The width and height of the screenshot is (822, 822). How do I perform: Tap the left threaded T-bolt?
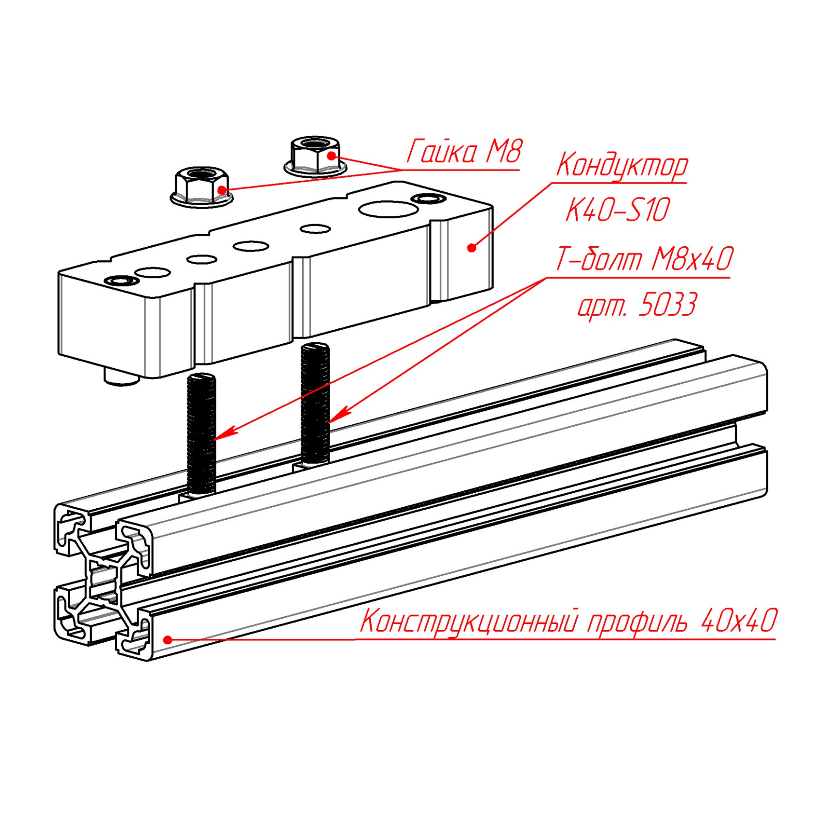pyautogui.click(x=202, y=432)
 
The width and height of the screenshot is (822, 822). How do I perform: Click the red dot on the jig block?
pyautogui.click(x=471, y=247)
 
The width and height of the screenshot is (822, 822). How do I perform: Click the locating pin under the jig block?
pyautogui.click(x=122, y=377)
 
